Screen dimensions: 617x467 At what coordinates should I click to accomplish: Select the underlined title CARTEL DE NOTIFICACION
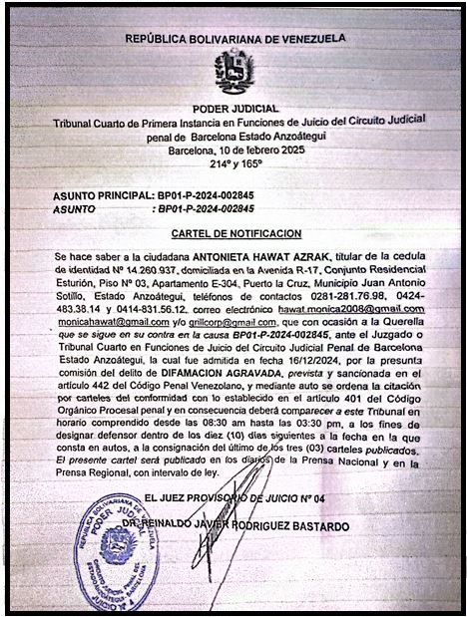click(235, 233)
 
